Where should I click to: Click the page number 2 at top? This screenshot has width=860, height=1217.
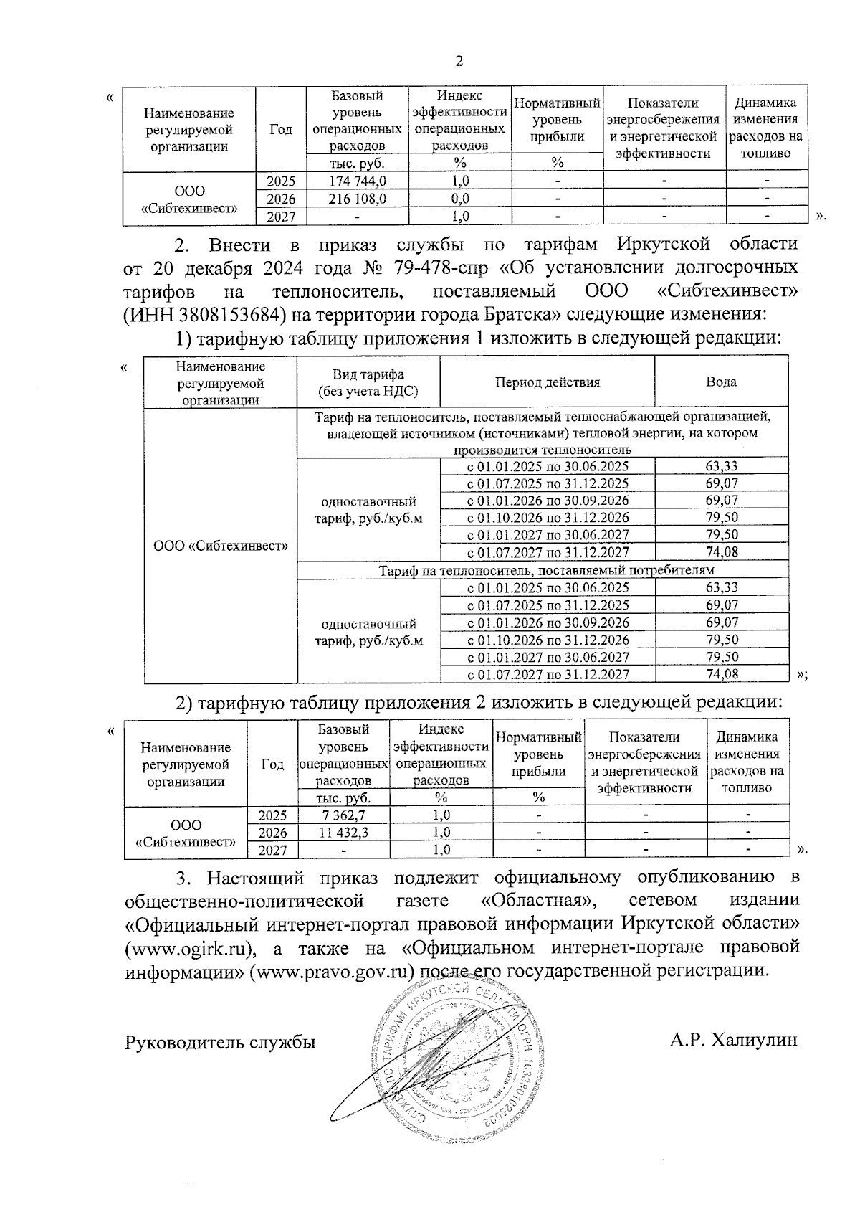pos(459,61)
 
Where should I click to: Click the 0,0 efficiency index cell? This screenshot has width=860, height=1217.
pos(460,199)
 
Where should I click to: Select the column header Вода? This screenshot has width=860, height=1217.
pos(721,382)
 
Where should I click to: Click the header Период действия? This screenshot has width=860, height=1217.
pos(547,382)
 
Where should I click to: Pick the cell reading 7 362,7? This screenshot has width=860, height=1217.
pos(344,815)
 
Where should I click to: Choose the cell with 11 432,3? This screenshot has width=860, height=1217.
pos(344,833)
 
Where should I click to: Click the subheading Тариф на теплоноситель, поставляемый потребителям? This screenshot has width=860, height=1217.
pos(547,571)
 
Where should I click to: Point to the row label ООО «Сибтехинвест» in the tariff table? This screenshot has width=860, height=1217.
pos(221,546)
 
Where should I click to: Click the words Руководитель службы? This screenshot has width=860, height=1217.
pos(220,1041)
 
